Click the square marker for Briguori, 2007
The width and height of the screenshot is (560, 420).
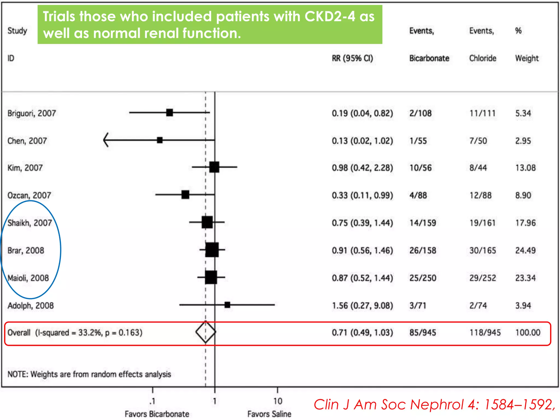pos(170,112)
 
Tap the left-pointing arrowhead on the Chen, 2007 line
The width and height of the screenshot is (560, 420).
pos(106,140)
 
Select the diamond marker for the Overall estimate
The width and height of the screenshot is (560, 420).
pos(206,332)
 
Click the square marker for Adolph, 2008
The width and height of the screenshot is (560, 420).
pos(227,305)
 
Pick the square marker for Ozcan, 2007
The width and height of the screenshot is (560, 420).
pos(185,195)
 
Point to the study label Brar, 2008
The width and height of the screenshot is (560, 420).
pos(26,250)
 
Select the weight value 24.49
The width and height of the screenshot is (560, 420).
pos(525,250)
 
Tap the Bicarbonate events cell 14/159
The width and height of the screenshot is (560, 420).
pos(422,223)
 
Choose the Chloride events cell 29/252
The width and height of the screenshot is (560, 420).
pos(483,278)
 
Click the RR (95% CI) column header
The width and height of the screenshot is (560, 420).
pos(352,58)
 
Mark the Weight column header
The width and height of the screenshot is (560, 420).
pos(527,58)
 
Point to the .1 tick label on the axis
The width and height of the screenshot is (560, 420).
pos(152,401)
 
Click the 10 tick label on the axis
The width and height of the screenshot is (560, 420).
pos(278,401)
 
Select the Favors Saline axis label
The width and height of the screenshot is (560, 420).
pos(269,414)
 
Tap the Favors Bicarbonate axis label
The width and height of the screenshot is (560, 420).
pos(157,414)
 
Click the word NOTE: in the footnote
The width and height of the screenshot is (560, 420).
pos(18,374)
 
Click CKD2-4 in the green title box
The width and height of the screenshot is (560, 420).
pos(330,16)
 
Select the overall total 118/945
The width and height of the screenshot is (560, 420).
pos(485,332)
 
